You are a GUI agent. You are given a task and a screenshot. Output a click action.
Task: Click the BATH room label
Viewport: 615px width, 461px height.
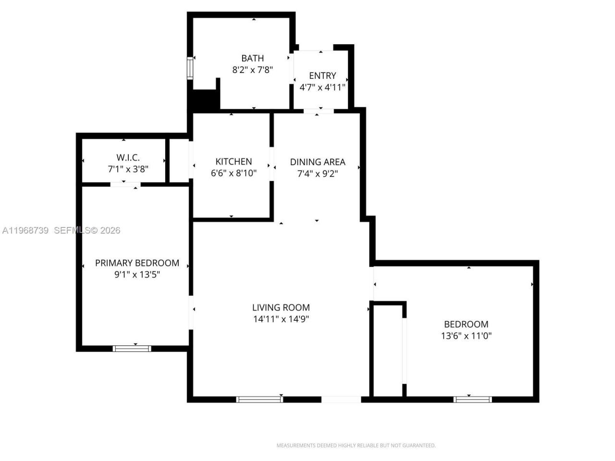pos(252,58)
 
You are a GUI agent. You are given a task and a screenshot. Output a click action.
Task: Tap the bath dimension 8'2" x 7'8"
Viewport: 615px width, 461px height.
pos(252,70)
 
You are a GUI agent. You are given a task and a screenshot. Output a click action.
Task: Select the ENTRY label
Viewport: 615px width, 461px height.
pos(322,75)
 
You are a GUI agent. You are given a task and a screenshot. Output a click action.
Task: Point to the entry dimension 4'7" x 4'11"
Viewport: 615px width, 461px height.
pos(322,87)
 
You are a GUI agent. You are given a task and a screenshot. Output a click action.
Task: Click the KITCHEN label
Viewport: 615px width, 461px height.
pos(234,161)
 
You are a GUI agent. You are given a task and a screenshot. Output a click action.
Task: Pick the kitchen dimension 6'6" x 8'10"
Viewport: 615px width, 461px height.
pos(234,173)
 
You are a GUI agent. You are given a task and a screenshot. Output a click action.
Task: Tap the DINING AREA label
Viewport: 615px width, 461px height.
pos(318,162)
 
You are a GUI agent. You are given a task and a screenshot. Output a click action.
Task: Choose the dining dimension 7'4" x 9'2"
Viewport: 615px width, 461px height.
pos(318,173)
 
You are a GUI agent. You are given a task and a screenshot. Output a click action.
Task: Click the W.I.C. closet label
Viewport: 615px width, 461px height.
pos(128,158)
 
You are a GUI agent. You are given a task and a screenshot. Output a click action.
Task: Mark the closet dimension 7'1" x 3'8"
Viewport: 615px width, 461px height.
pos(128,169)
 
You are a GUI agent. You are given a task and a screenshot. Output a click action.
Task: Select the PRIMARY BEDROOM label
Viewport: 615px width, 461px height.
pos(137,263)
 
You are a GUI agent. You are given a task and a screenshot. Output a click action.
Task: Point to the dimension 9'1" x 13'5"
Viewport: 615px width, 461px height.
pos(137,275)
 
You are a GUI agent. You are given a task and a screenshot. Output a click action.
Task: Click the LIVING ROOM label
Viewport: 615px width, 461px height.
pos(281,307)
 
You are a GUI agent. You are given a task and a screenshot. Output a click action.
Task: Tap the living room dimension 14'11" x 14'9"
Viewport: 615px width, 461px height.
pos(281,319)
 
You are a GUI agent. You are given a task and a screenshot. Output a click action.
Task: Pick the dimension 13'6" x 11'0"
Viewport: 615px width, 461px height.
pos(466,336)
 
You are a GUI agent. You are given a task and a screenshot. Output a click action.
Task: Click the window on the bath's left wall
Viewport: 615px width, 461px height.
pos(190,68)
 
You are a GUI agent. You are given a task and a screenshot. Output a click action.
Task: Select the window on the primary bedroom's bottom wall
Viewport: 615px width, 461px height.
pos(132,348)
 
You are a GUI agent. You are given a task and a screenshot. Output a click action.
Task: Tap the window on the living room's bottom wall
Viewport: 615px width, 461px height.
pos(259,399)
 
